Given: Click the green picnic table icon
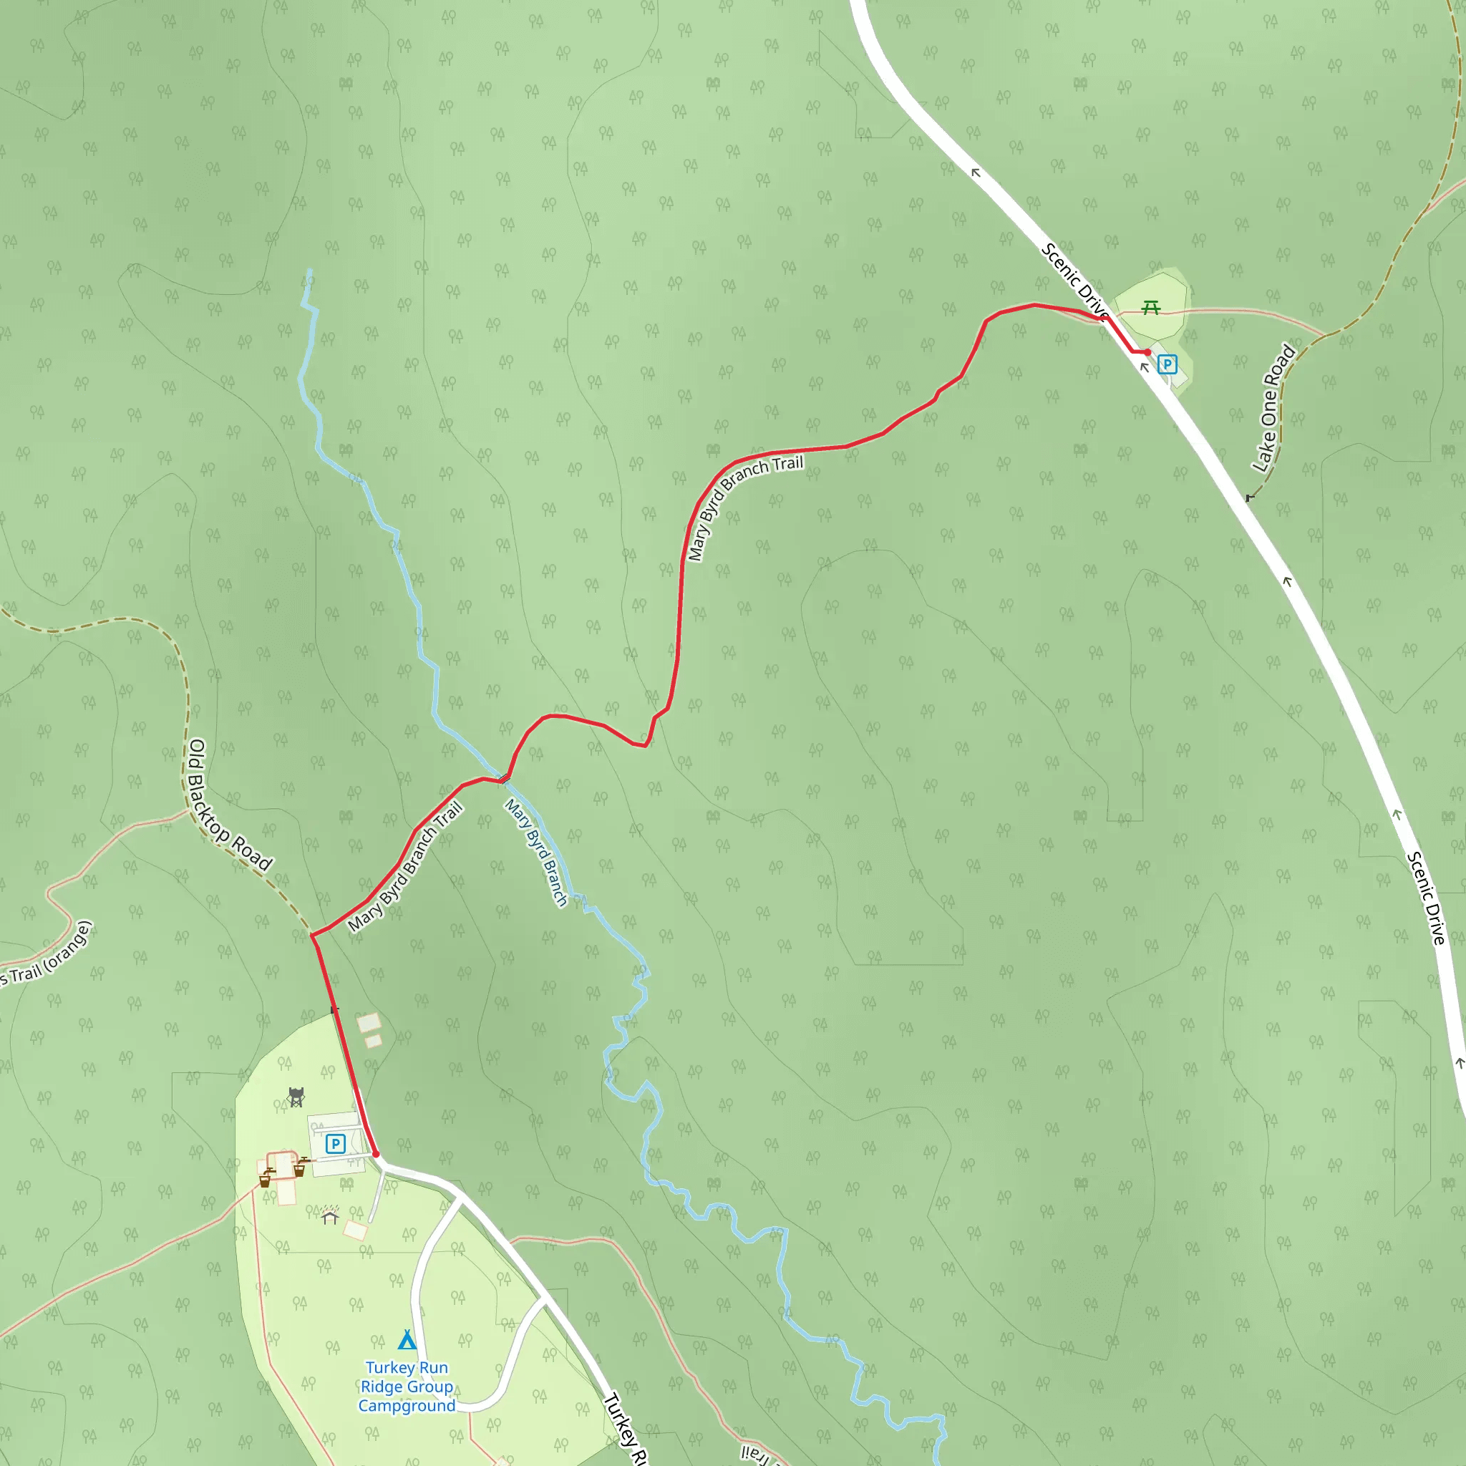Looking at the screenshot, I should (x=1151, y=307).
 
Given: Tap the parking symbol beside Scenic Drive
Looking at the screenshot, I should (x=1167, y=365).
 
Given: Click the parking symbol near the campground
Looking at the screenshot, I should (x=336, y=1143).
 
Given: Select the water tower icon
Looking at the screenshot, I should (x=296, y=1097).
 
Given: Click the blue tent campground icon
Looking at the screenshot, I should (x=407, y=1339).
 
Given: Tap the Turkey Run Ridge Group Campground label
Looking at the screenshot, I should (x=407, y=1387).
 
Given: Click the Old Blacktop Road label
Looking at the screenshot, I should (x=228, y=805).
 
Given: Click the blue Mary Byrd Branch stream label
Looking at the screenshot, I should (x=536, y=852).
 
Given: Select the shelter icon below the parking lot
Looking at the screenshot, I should (x=329, y=1215).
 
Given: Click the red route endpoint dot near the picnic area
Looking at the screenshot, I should (x=1147, y=353).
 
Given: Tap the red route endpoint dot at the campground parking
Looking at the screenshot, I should (x=376, y=1153).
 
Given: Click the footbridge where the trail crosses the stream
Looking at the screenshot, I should (x=504, y=778).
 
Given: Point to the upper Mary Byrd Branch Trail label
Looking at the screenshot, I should (x=744, y=506).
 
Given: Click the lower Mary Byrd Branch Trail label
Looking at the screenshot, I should (x=405, y=867).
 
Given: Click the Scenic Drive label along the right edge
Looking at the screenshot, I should (x=1427, y=898).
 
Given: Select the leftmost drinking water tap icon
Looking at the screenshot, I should (x=266, y=1178).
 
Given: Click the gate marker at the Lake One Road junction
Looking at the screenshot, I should (x=1249, y=497).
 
